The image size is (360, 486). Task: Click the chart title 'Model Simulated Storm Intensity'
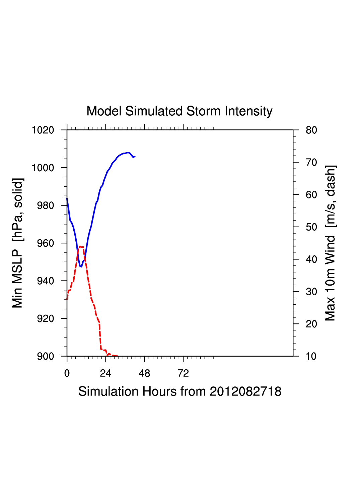click(x=179, y=111)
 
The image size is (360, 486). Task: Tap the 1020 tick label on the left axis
click(x=43, y=130)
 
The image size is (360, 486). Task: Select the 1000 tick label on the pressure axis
click(x=43, y=168)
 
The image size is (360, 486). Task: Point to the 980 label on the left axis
click(x=46, y=205)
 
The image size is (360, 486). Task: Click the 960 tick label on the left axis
click(x=46, y=243)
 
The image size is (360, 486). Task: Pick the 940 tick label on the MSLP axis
click(x=46, y=281)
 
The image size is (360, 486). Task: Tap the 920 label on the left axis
click(x=46, y=319)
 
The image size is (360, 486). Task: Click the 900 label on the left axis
click(x=46, y=356)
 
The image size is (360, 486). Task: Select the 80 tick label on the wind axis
click(x=311, y=130)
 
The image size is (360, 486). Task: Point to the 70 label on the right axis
click(x=311, y=163)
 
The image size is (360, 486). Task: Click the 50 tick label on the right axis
click(x=311, y=227)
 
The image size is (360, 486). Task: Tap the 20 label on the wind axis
click(x=311, y=324)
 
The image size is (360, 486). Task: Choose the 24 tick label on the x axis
click(x=105, y=373)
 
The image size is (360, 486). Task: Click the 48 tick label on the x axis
click(x=144, y=373)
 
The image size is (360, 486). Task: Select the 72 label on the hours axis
click(x=183, y=373)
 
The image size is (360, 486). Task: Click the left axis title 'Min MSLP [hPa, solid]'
click(x=18, y=243)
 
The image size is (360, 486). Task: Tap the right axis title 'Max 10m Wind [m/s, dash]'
click(x=331, y=243)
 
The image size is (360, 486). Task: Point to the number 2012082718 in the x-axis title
click(x=245, y=391)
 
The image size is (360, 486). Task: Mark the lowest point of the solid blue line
click(x=81, y=266)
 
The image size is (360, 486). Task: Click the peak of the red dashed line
click(x=80, y=246)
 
